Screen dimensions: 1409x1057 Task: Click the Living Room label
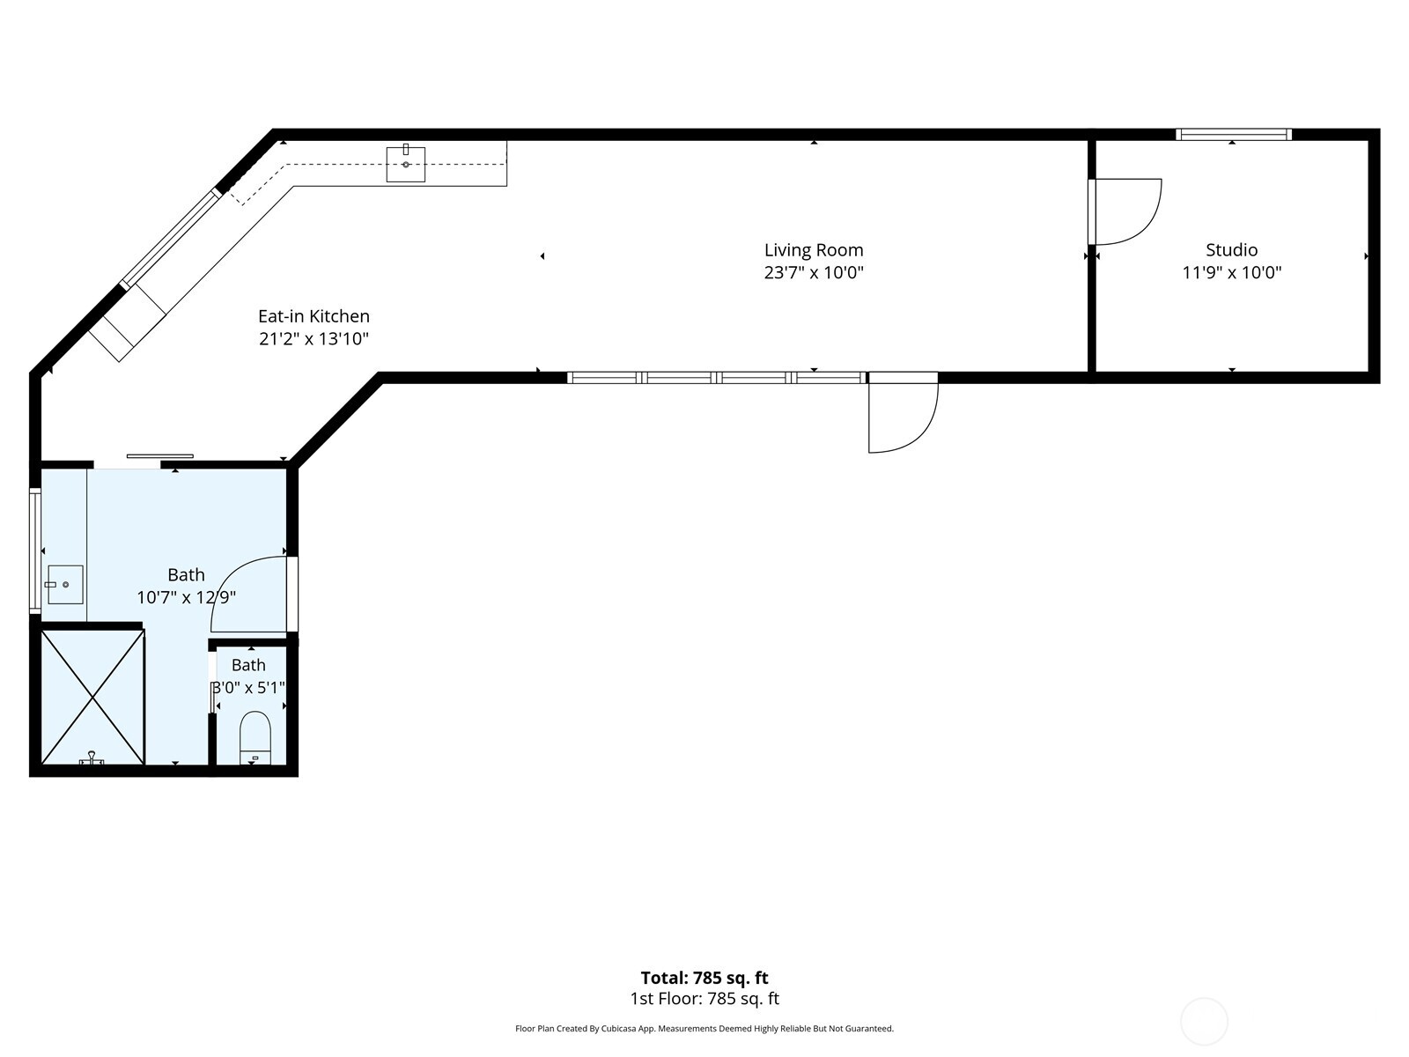[x=814, y=249]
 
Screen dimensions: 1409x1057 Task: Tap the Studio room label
[x=1231, y=249]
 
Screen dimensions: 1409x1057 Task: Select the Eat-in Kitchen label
[x=314, y=315]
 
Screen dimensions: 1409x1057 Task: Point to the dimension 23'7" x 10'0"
[x=814, y=273]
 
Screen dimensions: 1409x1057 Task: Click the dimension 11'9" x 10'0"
[x=1232, y=273]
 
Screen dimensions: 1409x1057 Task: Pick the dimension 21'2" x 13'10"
[x=314, y=339]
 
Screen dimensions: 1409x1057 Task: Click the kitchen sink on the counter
[x=406, y=164]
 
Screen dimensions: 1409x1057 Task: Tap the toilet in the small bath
[x=255, y=737]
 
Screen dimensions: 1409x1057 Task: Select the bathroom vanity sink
[x=65, y=585]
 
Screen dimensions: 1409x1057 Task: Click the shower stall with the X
[x=93, y=697]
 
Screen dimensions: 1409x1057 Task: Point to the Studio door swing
[x=1126, y=211]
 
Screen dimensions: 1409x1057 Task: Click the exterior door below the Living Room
[x=904, y=412]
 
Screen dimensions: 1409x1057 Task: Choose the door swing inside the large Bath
[x=250, y=595]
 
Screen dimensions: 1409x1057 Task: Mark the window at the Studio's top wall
[x=1233, y=134]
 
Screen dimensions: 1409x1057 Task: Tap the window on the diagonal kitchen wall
[x=170, y=239]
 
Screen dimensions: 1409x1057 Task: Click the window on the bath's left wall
[x=35, y=549]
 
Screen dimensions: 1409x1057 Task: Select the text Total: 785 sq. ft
[x=704, y=978]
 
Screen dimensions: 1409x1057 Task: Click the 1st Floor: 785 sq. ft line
[x=704, y=999]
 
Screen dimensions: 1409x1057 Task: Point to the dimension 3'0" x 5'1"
[x=249, y=688]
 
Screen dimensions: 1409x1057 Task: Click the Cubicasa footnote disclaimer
[x=704, y=1028]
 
